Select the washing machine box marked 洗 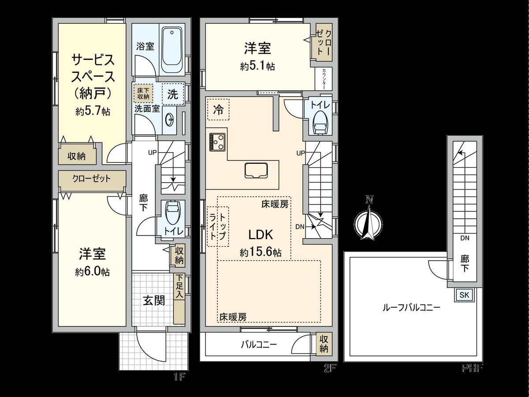point(172,94)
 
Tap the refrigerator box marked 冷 point(218,109)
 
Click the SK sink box point(465,295)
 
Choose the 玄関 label point(154,301)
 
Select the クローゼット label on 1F point(92,179)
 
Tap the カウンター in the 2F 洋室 point(324,79)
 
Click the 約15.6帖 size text point(261,253)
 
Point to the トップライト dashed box point(218,226)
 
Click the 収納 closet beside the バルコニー point(324,344)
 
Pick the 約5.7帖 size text point(93,112)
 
